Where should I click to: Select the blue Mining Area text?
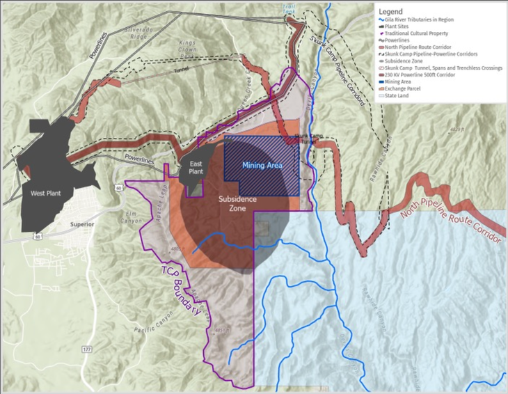[x=262, y=166]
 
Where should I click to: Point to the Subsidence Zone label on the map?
[x=237, y=203]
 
